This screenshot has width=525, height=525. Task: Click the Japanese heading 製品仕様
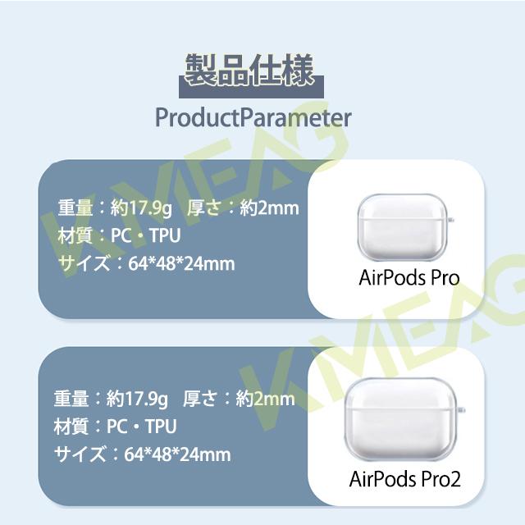click(x=249, y=71)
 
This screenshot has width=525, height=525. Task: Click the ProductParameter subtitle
click(x=253, y=118)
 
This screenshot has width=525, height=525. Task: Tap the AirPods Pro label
click(x=409, y=277)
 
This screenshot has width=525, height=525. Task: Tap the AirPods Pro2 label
click(x=404, y=478)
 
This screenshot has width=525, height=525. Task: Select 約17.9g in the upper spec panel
click(x=141, y=208)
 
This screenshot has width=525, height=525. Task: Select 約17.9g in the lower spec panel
click(x=137, y=399)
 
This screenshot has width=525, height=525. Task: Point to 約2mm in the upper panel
click(x=269, y=208)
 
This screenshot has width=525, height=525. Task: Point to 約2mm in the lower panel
click(x=265, y=399)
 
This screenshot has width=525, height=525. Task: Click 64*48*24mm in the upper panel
click(x=181, y=264)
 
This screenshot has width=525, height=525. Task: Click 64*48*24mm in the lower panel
click(x=177, y=454)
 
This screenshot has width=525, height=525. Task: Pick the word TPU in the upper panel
click(x=165, y=235)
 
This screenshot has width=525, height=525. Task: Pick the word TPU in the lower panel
click(x=161, y=427)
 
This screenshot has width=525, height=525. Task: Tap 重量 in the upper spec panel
click(x=75, y=208)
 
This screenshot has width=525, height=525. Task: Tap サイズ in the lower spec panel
click(x=80, y=454)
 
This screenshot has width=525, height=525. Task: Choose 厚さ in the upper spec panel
click(x=204, y=208)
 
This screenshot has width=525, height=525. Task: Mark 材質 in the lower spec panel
click(x=71, y=427)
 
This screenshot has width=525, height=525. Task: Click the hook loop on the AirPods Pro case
click(x=452, y=221)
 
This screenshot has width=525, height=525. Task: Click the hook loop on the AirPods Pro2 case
click(x=462, y=410)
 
